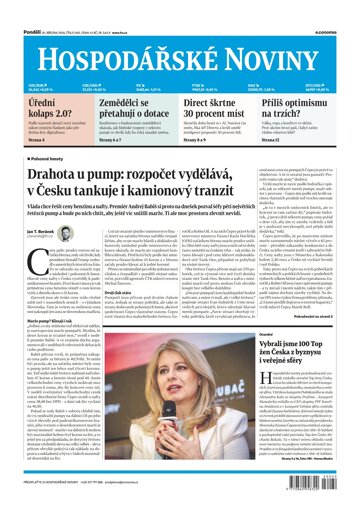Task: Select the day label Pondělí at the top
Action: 15,7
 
